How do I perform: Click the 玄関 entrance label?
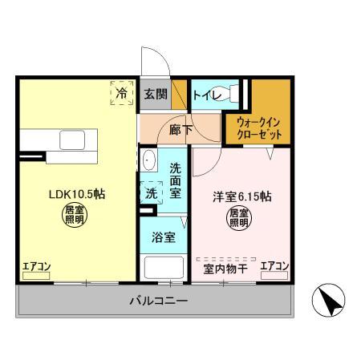pyautogui.click(x=156, y=95)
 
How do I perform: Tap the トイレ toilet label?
pyautogui.click(x=206, y=94)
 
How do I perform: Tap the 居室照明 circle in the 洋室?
pyautogui.click(x=238, y=218)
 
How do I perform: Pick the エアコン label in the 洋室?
pyautogui.click(x=274, y=266)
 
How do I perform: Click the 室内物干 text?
pyautogui.click(x=225, y=269)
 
